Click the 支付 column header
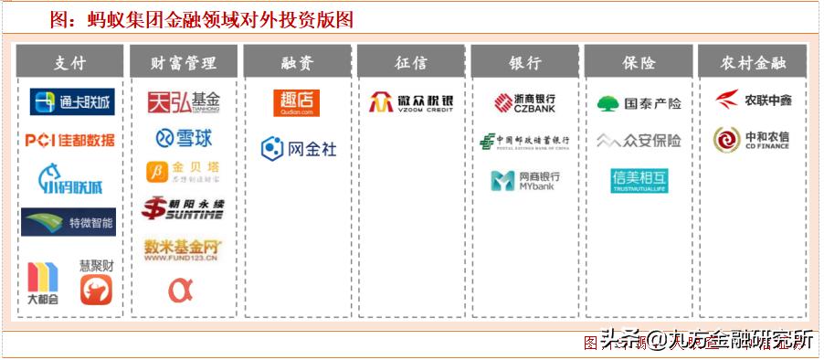70,62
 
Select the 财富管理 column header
185,62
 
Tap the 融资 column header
298,62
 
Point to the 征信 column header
411,62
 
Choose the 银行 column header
525,62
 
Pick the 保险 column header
639,62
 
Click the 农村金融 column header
753,62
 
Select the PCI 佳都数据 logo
70,141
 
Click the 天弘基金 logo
185,101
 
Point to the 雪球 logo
185,138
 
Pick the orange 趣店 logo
297,102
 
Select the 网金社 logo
299,148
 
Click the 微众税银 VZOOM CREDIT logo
411,102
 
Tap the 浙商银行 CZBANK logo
525,102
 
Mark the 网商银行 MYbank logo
525,180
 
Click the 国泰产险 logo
639,103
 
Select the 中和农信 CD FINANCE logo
753,139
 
